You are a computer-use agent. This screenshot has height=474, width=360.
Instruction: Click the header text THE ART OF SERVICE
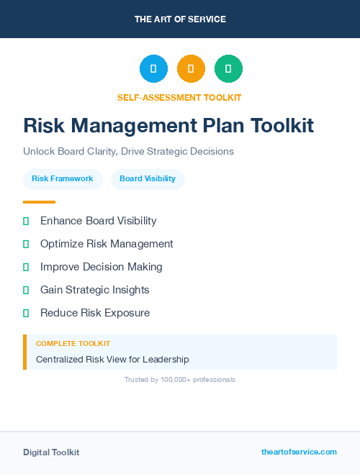180,19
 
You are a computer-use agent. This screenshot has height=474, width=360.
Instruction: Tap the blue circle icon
153,68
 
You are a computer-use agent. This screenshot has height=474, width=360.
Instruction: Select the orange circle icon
191,68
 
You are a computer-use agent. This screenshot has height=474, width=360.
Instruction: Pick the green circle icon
228,68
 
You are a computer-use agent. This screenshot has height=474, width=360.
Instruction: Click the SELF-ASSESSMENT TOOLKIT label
179,97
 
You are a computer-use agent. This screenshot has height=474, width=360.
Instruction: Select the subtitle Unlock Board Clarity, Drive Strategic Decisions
128,152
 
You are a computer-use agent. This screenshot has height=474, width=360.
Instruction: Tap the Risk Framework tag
62,178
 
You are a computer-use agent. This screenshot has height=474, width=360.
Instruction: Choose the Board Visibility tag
148,178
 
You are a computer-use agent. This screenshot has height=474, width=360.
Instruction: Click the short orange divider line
39,202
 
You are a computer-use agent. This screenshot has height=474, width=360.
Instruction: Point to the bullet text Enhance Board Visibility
98,221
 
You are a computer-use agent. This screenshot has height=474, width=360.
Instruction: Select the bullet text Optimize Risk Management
107,244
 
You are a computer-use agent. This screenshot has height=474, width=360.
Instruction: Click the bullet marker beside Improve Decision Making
26,267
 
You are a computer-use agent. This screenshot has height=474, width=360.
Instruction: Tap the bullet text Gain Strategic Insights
94,290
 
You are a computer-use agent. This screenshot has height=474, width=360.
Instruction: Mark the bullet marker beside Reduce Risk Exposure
26,313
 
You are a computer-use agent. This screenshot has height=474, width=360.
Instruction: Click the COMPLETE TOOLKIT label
73,344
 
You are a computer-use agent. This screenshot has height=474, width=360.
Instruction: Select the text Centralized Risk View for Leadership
112,359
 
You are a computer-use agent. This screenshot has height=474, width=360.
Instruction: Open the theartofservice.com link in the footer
299,452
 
